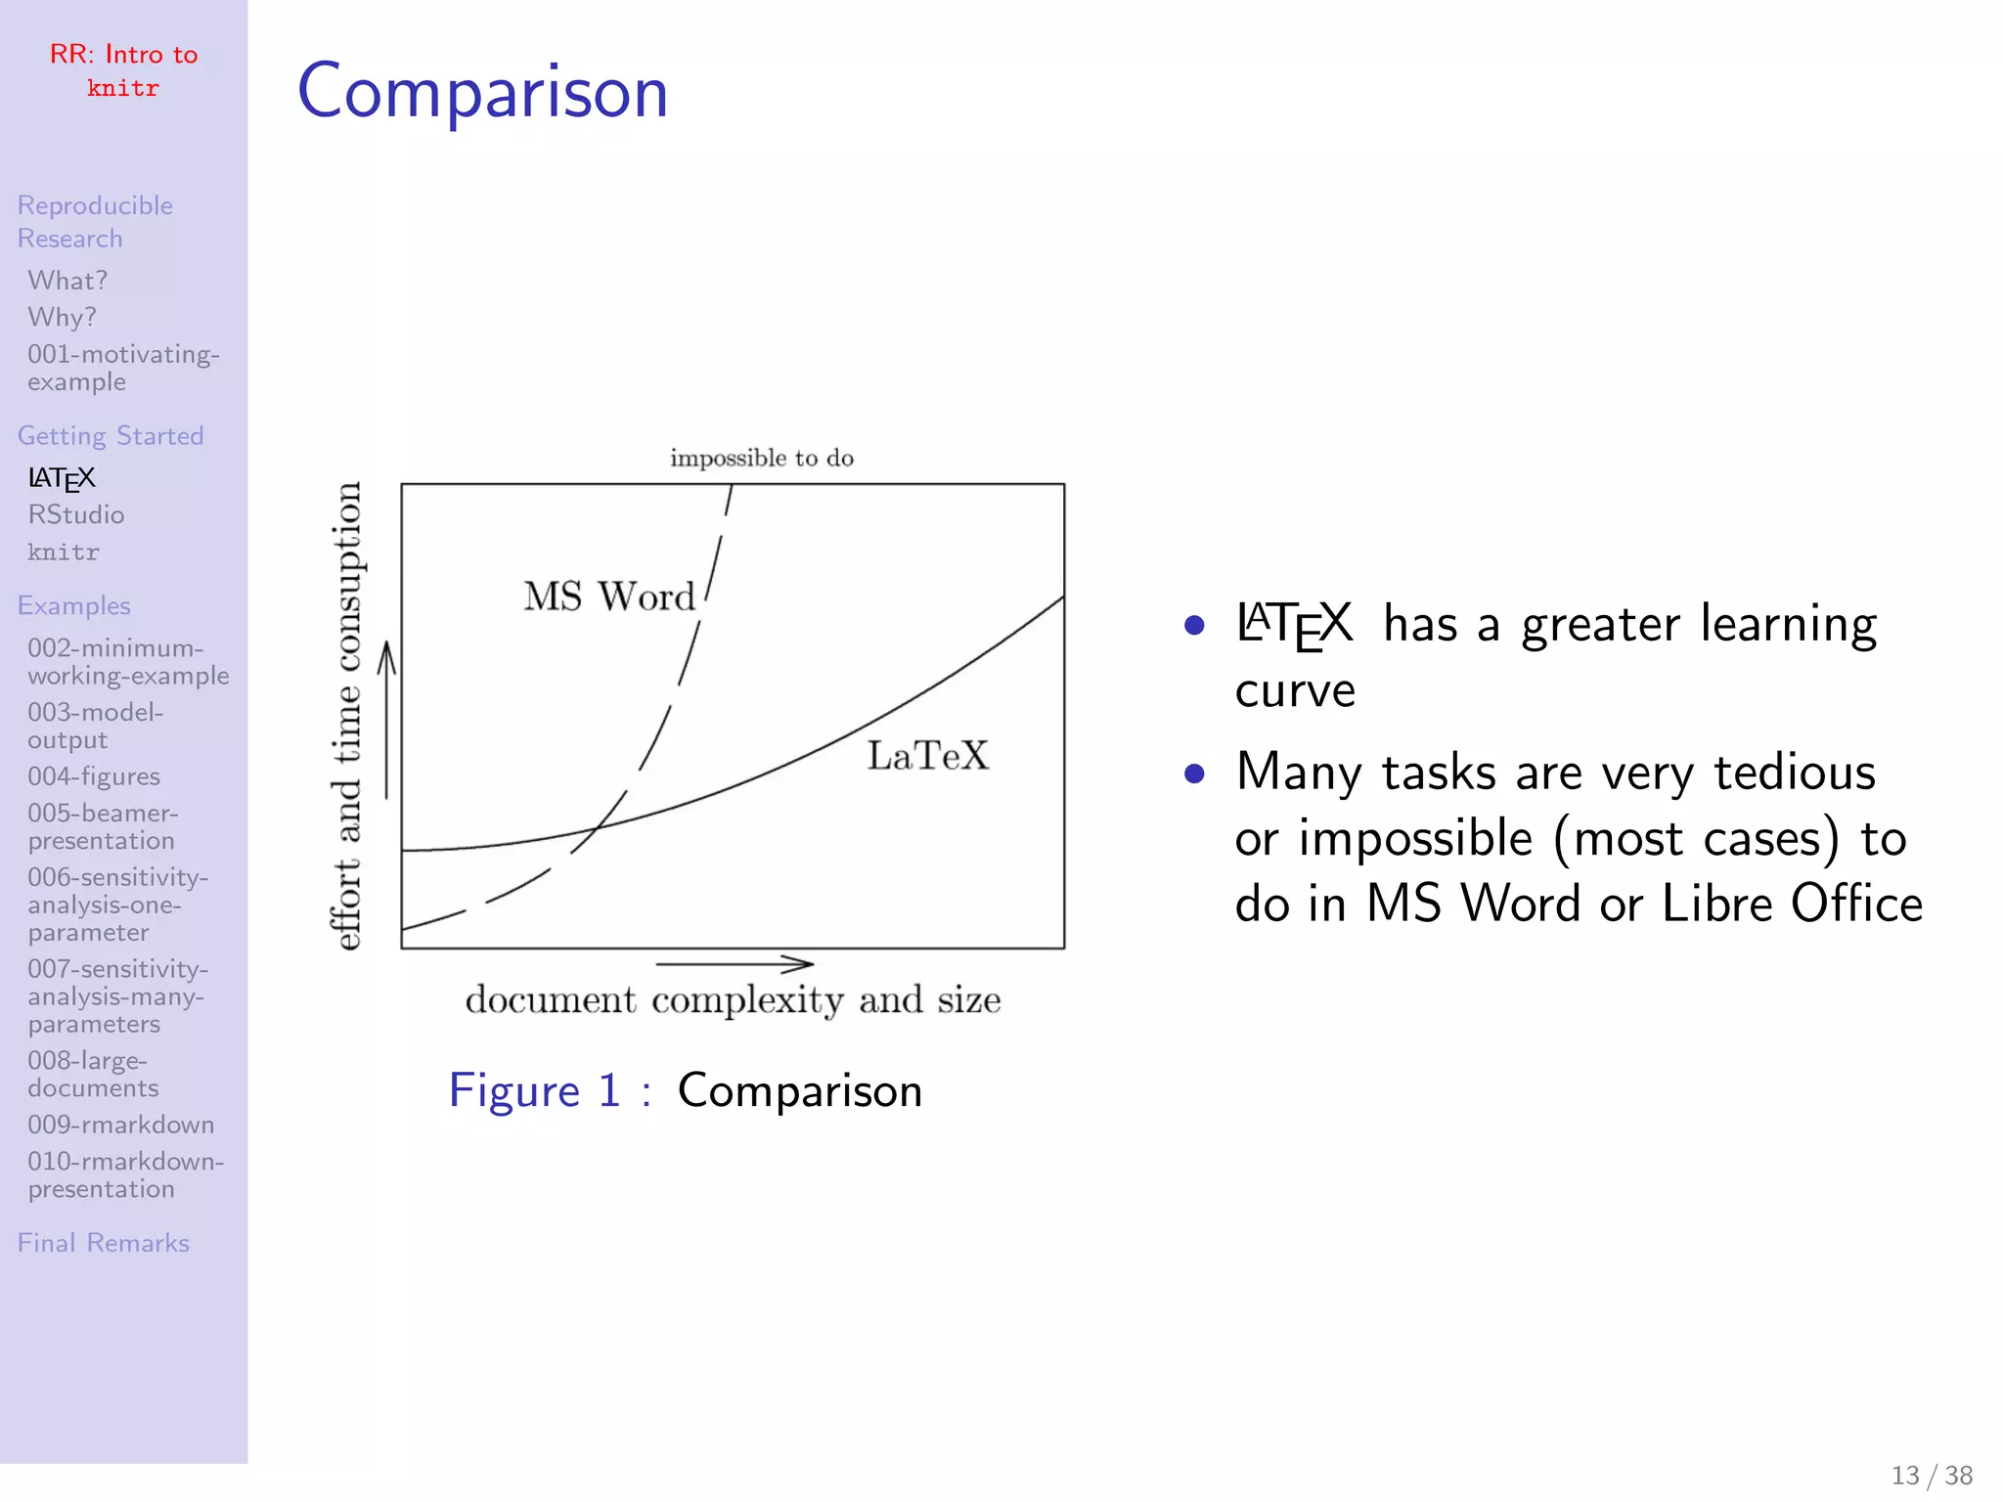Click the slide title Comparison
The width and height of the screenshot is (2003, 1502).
coord(482,92)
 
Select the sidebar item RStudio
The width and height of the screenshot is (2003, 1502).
coord(76,515)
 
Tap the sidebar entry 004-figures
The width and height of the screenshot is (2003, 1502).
coord(94,776)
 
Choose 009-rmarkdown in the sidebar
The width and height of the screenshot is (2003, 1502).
coord(121,1125)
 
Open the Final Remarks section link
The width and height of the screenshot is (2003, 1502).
coord(104,1243)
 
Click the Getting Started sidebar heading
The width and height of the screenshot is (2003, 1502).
coord(111,436)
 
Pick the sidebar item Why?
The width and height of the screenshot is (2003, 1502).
coord(63,318)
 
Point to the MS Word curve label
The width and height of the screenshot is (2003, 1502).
coord(608,596)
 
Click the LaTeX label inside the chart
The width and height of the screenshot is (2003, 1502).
coord(928,756)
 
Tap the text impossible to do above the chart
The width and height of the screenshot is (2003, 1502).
coord(762,459)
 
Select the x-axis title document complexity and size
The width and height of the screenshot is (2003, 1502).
coord(733,1000)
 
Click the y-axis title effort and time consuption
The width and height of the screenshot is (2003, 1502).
coord(347,716)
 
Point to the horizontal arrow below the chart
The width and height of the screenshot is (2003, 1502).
coord(734,964)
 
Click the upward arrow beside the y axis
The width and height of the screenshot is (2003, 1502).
coord(387,720)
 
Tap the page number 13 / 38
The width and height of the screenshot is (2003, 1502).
coord(1932,1476)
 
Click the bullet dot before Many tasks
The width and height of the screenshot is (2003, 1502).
coord(1193,774)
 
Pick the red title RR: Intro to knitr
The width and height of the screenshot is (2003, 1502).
coord(123,70)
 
